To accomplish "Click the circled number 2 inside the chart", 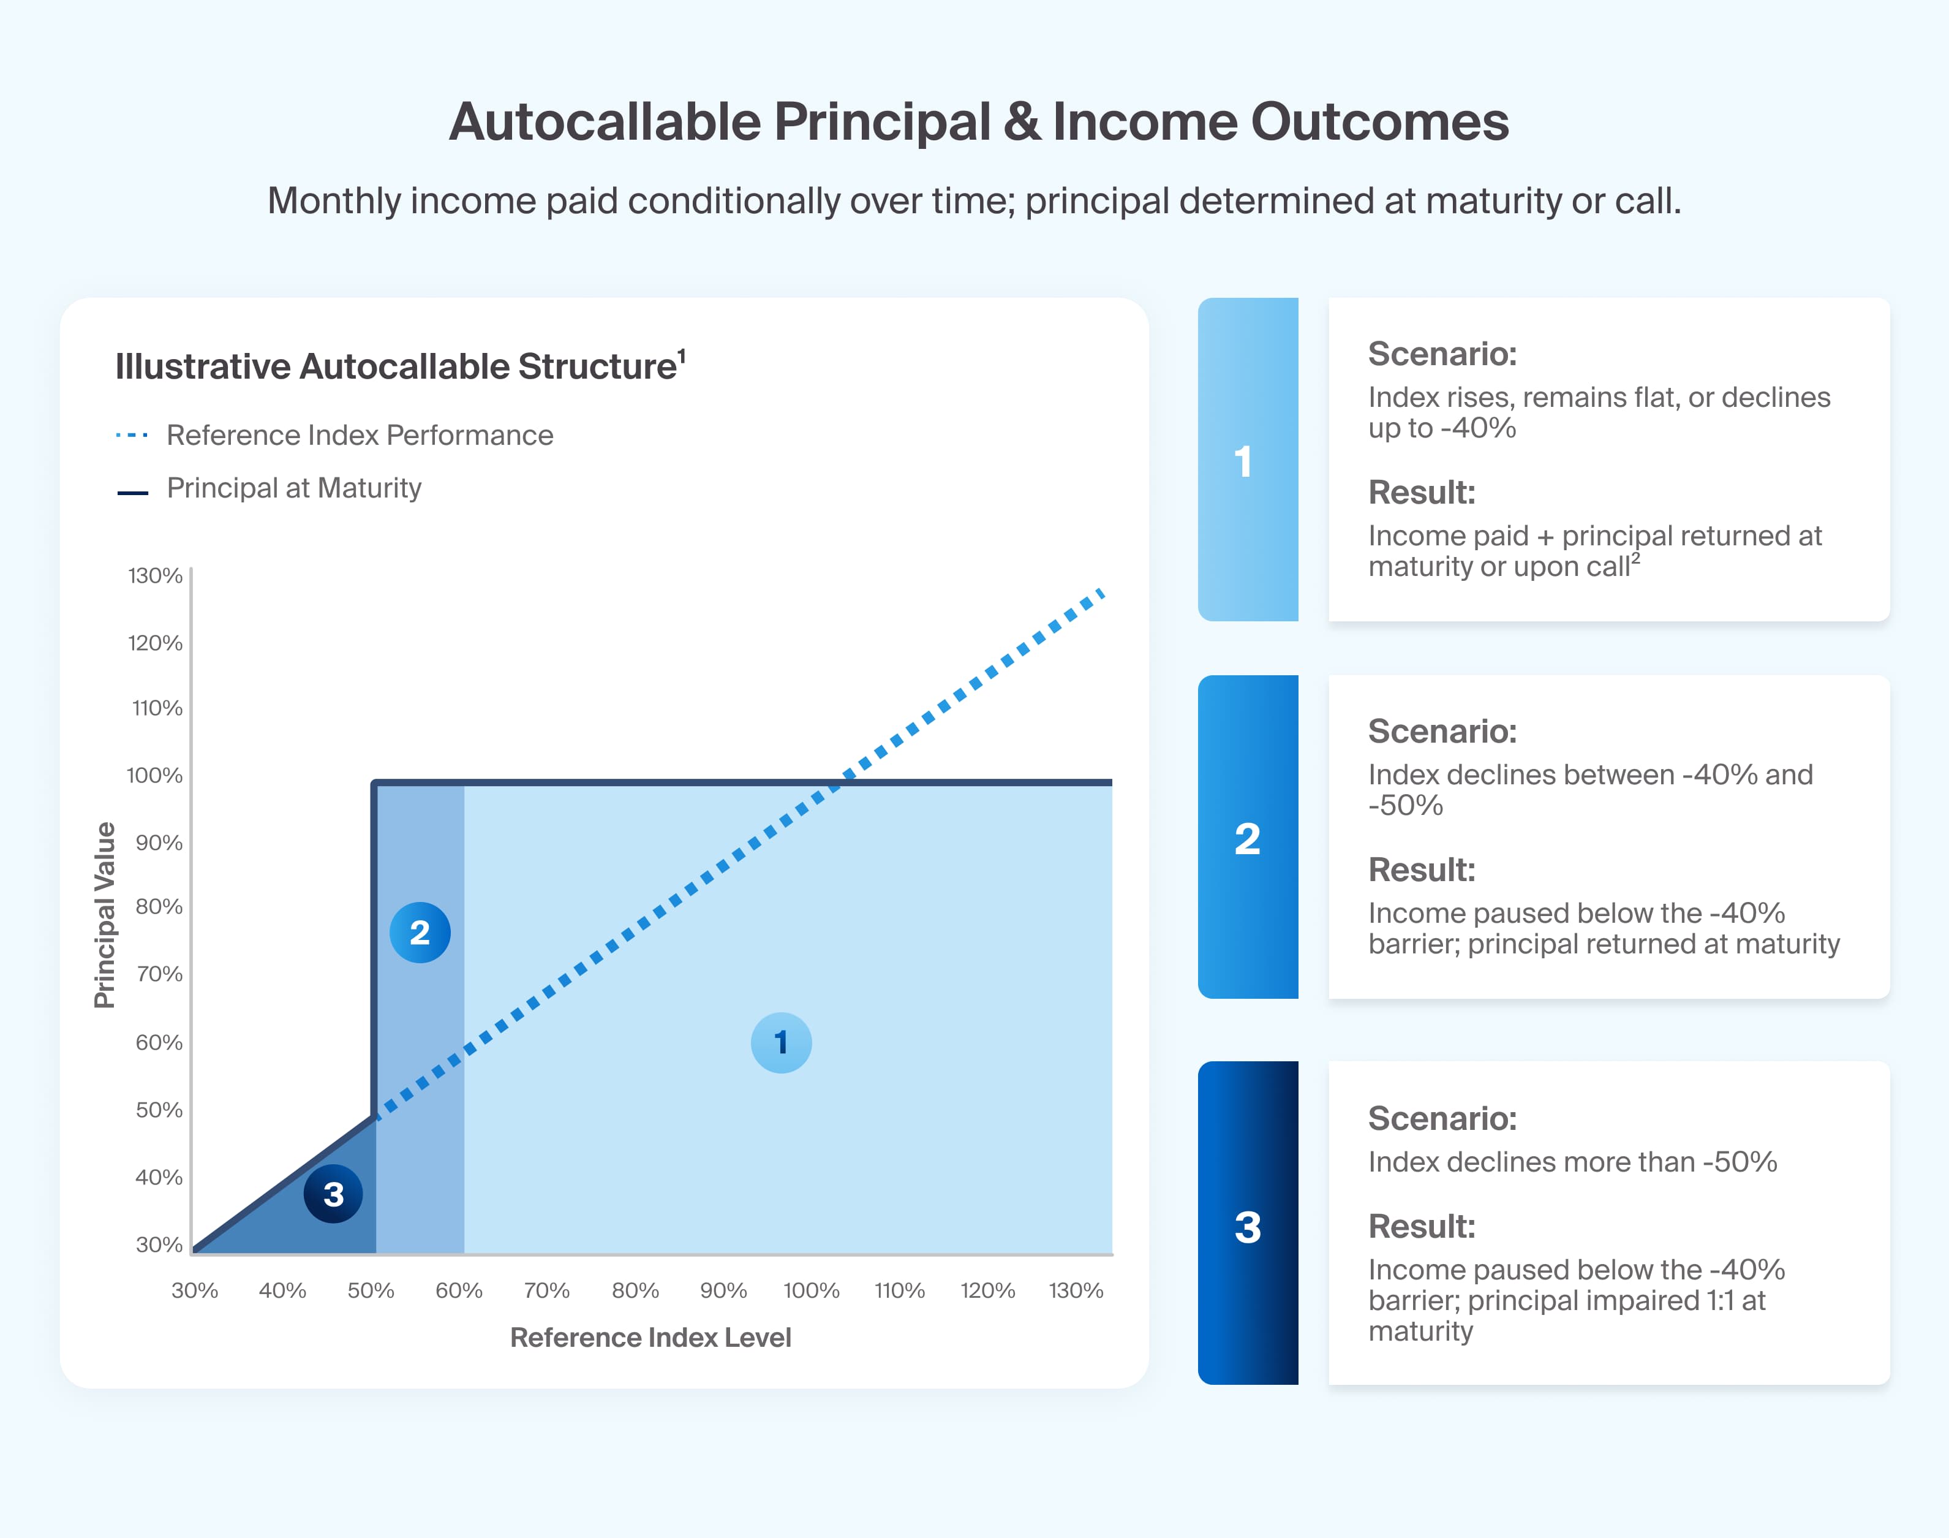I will pyautogui.click(x=420, y=932).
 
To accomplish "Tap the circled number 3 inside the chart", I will pyautogui.click(x=333, y=1194).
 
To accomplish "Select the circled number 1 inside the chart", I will pyautogui.click(x=780, y=1043).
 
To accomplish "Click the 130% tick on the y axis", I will pyautogui.click(x=155, y=575).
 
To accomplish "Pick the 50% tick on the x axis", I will pyautogui.click(x=371, y=1290).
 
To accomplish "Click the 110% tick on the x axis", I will pyautogui.click(x=899, y=1290).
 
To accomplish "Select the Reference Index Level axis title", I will pyautogui.click(x=650, y=1337).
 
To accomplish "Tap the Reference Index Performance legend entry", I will pyautogui.click(x=359, y=435).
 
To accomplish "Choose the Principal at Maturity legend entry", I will pyautogui.click(x=293, y=488).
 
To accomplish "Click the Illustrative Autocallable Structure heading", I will pyautogui.click(x=396, y=366).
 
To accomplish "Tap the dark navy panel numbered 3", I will pyautogui.click(x=1247, y=1223).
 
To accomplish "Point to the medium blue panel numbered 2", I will pyautogui.click(x=1247, y=838).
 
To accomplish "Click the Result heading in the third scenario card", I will pyautogui.click(x=1422, y=1227).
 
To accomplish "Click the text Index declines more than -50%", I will pyautogui.click(x=1572, y=1162).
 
